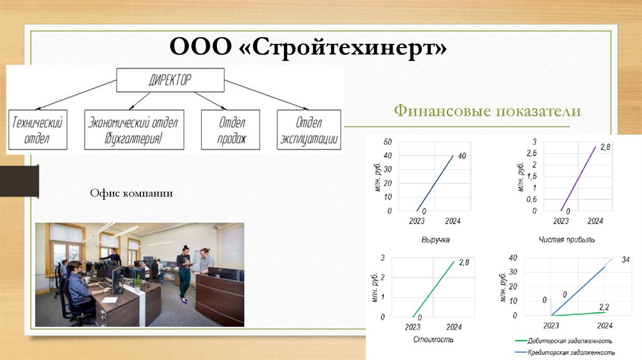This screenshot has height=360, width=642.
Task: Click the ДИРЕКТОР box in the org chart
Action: tap(170, 80)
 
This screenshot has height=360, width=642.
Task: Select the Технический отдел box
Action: tap(39, 130)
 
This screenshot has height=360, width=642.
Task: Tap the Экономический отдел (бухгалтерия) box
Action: tap(133, 130)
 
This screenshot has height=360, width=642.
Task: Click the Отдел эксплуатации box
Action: tap(308, 130)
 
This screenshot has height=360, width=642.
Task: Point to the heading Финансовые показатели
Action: tap(488, 111)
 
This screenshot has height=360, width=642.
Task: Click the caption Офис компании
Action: tap(130, 194)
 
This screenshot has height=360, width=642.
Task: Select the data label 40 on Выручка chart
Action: tap(461, 156)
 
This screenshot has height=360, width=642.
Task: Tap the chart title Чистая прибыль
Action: tap(567, 240)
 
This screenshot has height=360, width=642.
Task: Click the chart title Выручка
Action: tap(436, 240)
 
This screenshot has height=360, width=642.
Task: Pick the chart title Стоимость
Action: tap(433, 339)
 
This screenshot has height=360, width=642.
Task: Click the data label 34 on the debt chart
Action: tap(624, 260)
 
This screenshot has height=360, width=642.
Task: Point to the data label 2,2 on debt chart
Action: tap(604, 307)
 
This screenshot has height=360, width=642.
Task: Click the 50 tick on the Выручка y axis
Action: tap(387, 141)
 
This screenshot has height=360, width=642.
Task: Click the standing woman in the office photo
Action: tap(184, 273)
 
